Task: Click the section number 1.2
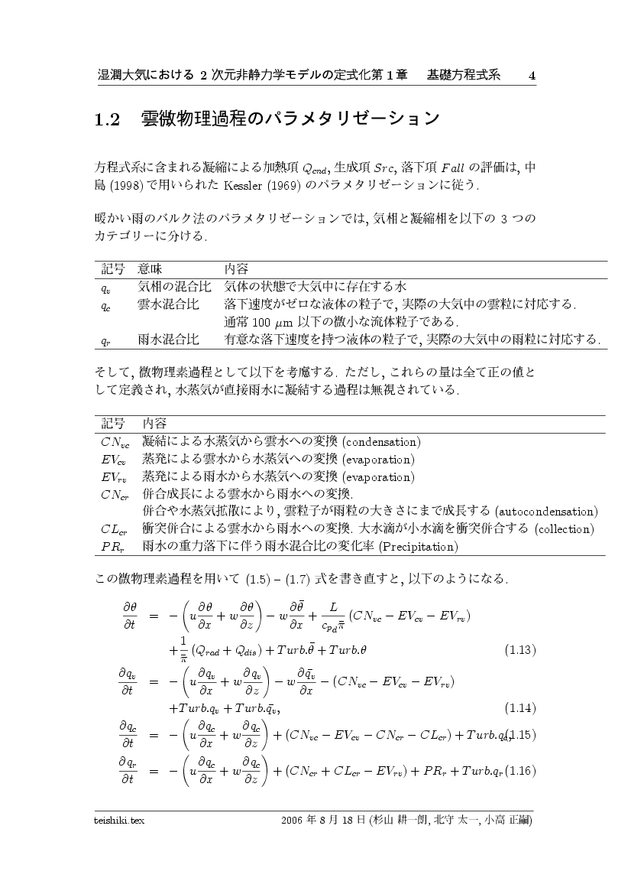[108, 119]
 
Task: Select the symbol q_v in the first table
[107, 288]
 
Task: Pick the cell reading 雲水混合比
[169, 304]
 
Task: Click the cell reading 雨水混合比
[169, 338]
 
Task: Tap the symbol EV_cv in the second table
[115, 460]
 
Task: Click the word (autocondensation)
[546, 511]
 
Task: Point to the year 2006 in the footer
[293, 820]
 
